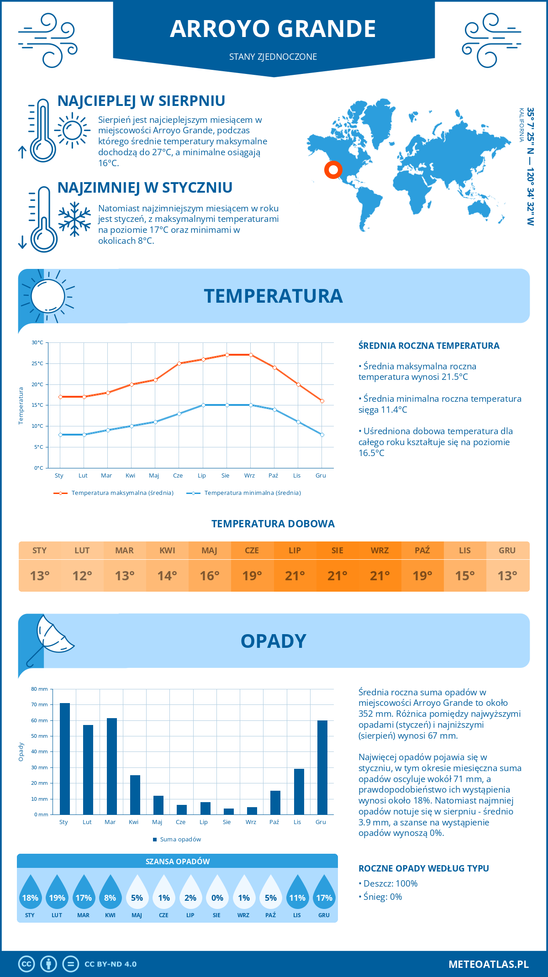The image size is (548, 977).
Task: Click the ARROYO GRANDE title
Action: coord(273,29)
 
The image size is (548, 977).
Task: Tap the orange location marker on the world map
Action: coord(333,170)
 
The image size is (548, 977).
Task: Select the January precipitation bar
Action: coord(65,759)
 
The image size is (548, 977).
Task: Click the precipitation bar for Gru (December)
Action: coord(322,767)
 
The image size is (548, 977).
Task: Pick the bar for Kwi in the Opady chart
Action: coord(135,795)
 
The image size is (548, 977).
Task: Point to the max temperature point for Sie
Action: coord(227,355)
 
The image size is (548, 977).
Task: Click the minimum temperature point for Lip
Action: coord(203,405)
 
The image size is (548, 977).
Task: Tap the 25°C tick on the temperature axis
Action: coord(37,363)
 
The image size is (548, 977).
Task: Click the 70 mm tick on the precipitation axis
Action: coord(40,704)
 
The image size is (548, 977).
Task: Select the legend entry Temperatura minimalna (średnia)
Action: coord(252,493)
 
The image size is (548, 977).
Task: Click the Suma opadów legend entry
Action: coord(180,839)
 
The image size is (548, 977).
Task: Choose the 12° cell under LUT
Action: coord(82,576)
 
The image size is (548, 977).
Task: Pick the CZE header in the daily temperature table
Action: coord(252,550)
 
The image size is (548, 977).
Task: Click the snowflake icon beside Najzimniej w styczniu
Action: coord(74,219)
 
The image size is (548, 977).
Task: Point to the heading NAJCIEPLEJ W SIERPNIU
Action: coord(141,101)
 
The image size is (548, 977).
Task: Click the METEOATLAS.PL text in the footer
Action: coord(488,964)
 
